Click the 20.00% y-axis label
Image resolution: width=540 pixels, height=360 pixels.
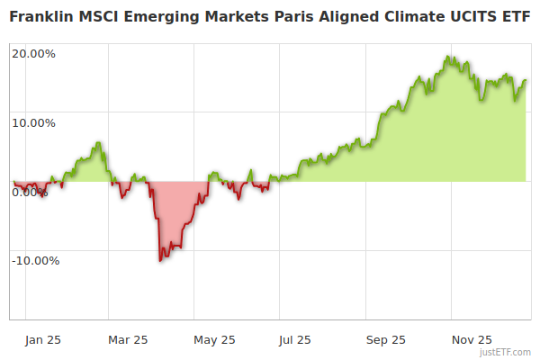tap(33, 53)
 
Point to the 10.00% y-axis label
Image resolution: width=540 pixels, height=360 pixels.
tap(33, 122)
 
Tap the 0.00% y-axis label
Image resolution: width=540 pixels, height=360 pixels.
tap(30, 192)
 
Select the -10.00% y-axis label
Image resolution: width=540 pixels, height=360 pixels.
tap(35, 261)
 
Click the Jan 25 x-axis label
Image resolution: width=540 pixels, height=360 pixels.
tap(43, 339)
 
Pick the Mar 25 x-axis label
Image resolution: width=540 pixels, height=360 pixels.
tap(128, 339)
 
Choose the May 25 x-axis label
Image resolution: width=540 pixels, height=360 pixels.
tap(215, 339)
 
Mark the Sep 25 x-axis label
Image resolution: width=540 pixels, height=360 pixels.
tap(386, 339)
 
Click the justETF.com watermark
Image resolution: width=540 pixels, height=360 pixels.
tap(505, 352)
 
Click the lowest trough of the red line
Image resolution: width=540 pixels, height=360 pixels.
tap(160, 260)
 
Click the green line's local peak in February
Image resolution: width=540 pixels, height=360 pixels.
tap(98, 142)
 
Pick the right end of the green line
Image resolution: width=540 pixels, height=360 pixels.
tap(526, 80)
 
